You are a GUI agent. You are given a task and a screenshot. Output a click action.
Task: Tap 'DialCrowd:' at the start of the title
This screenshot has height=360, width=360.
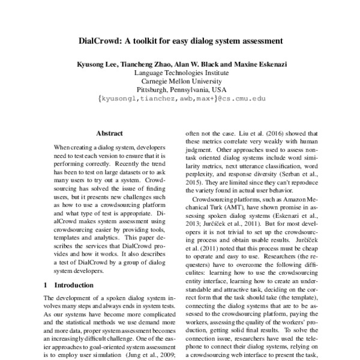(100, 42)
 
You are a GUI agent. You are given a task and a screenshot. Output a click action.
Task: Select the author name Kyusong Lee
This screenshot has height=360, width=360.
(98, 64)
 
